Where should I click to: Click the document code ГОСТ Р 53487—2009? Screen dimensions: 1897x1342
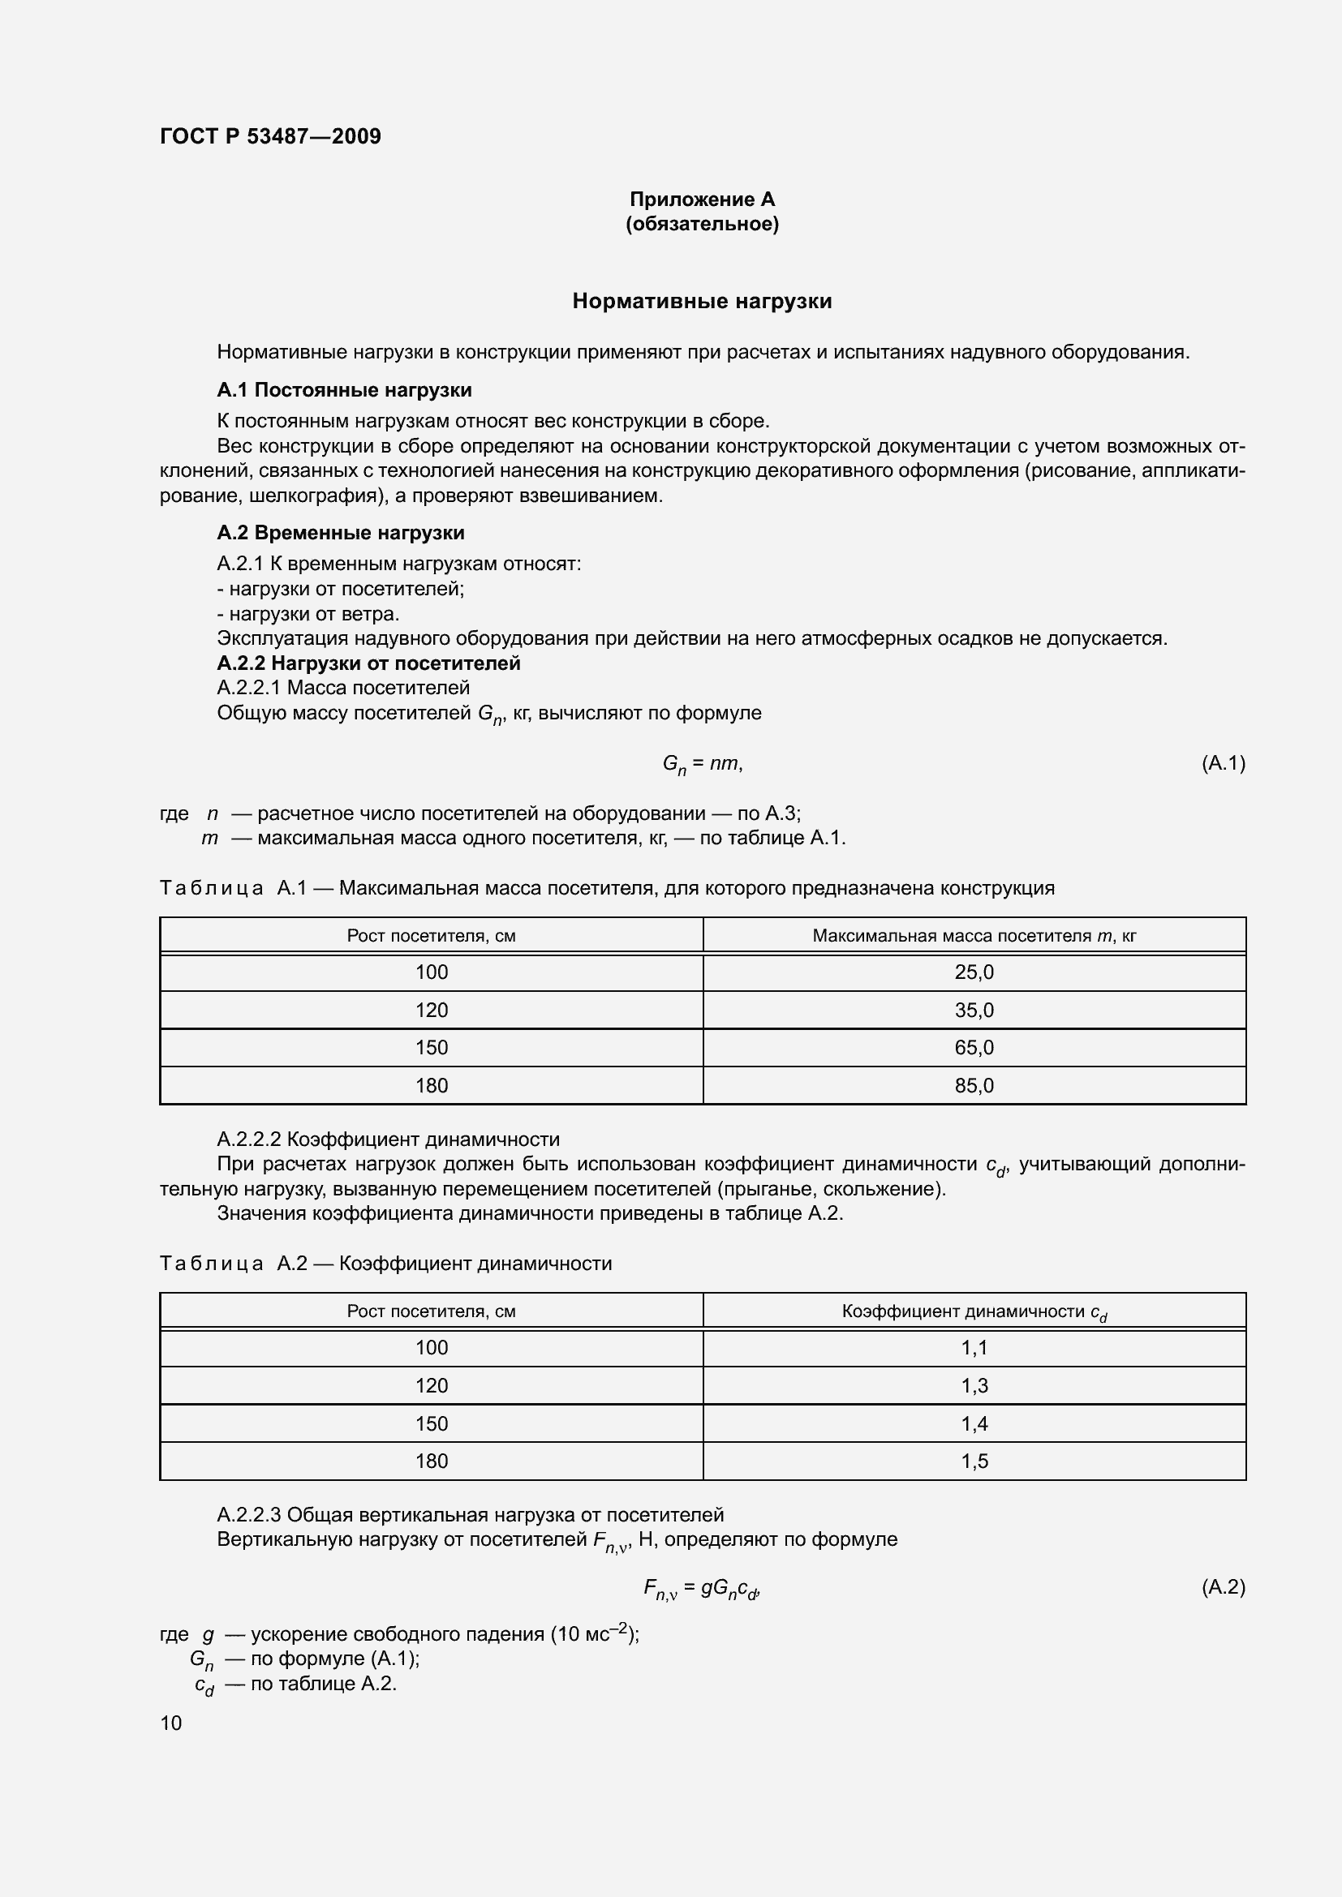point(270,136)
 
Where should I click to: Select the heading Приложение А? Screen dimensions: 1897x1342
point(702,200)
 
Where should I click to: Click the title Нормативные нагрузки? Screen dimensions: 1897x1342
point(702,301)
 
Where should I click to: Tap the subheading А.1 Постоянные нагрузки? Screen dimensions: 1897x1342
point(344,390)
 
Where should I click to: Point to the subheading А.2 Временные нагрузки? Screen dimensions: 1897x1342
point(341,533)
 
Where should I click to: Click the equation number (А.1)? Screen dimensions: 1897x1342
point(1222,762)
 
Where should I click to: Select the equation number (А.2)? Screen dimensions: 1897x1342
point(1222,1586)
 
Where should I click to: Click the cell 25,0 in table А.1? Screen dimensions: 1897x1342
point(974,972)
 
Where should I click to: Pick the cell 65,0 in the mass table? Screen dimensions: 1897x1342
point(974,1048)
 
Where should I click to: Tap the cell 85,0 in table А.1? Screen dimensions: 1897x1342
point(974,1086)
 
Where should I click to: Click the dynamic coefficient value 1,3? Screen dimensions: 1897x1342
point(974,1385)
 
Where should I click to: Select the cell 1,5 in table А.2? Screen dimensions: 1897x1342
point(974,1461)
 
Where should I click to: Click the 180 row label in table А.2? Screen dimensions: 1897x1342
point(432,1461)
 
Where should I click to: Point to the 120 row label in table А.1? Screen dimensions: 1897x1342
point(432,1011)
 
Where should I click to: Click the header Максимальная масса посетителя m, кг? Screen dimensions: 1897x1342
point(974,935)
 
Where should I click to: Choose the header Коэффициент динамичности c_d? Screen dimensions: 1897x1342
point(974,1311)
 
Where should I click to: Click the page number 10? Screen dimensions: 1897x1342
point(171,1723)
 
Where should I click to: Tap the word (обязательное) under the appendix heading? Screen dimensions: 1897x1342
point(702,224)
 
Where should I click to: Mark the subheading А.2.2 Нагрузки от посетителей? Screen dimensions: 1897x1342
point(368,663)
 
